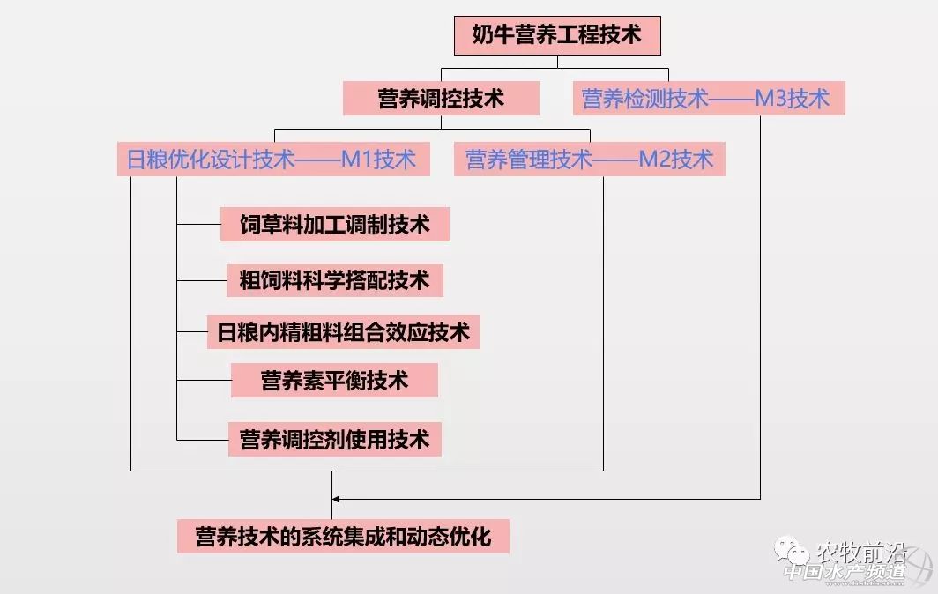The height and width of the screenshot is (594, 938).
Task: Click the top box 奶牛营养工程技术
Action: [x=556, y=36]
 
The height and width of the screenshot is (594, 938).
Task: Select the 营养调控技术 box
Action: [x=441, y=98]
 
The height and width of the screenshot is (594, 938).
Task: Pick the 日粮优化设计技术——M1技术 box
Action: [x=272, y=160]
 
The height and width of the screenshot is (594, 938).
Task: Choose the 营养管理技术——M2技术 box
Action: [x=589, y=160]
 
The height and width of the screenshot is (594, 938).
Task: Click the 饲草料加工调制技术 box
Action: [x=335, y=225]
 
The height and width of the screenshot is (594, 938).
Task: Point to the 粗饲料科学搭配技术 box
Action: [x=335, y=280]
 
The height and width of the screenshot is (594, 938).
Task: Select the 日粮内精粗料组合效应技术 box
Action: [x=343, y=332]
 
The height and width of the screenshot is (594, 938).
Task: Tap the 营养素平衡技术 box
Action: [x=334, y=381]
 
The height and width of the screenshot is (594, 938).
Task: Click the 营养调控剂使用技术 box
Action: [x=335, y=438]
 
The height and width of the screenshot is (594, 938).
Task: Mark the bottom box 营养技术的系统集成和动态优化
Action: [x=343, y=536]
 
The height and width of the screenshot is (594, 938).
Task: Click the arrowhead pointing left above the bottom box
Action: [x=337, y=499]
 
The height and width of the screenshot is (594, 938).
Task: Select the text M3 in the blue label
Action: [x=772, y=98]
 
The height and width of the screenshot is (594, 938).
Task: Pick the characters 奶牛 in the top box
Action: [x=493, y=36]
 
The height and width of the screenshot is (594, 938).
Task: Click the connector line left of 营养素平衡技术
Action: [x=204, y=381]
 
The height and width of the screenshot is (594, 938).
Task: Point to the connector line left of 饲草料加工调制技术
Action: [x=198, y=225]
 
